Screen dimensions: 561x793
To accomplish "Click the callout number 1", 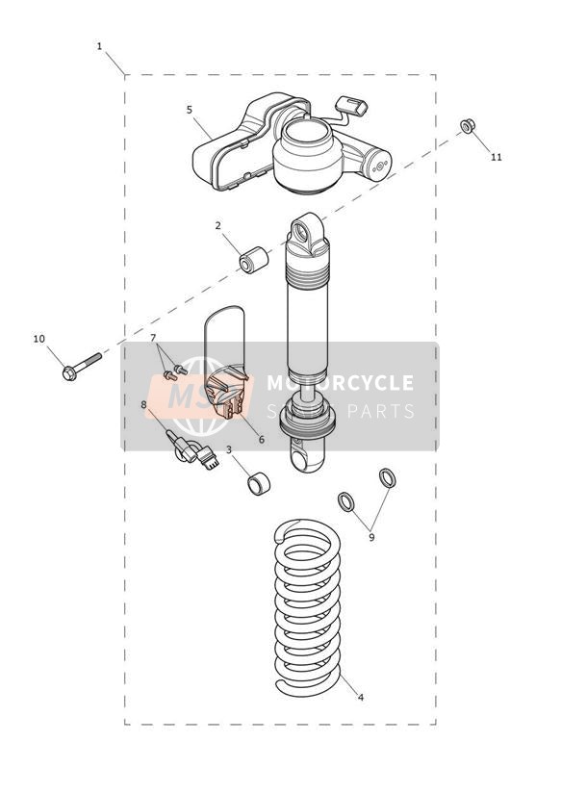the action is pyautogui.click(x=99, y=46).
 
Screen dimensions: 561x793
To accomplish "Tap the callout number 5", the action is pyautogui.click(x=190, y=110).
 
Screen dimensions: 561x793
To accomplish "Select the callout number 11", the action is pyautogui.click(x=497, y=157).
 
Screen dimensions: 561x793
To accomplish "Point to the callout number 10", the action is pyautogui.click(x=38, y=339).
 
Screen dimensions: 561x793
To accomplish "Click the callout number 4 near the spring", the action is pyautogui.click(x=361, y=698).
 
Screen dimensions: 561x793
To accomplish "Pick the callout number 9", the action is pyautogui.click(x=371, y=537).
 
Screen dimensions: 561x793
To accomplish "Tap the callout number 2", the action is pyautogui.click(x=218, y=225).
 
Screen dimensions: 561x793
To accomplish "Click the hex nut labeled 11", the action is pyautogui.click(x=468, y=125).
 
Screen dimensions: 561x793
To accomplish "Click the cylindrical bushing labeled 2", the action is pyautogui.click(x=254, y=260).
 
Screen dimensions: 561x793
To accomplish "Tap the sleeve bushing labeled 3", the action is pyautogui.click(x=259, y=483).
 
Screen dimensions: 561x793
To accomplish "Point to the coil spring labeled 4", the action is pyautogui.click(x=308, y=607).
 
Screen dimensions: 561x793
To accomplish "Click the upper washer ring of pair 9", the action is pyautogui.click(x=388, y=478).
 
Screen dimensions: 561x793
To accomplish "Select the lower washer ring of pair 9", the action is pyautogui.click(x=346, y=501).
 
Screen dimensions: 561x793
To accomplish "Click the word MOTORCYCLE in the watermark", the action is pyautogui.click(x=340, y=383).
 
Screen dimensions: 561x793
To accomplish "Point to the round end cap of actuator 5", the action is pyautogui.click(x=379, y=165).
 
